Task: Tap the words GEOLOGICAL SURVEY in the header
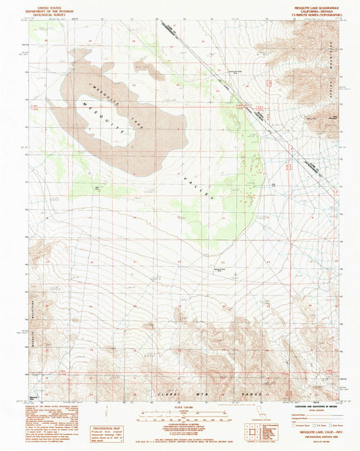tap(48, 13)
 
